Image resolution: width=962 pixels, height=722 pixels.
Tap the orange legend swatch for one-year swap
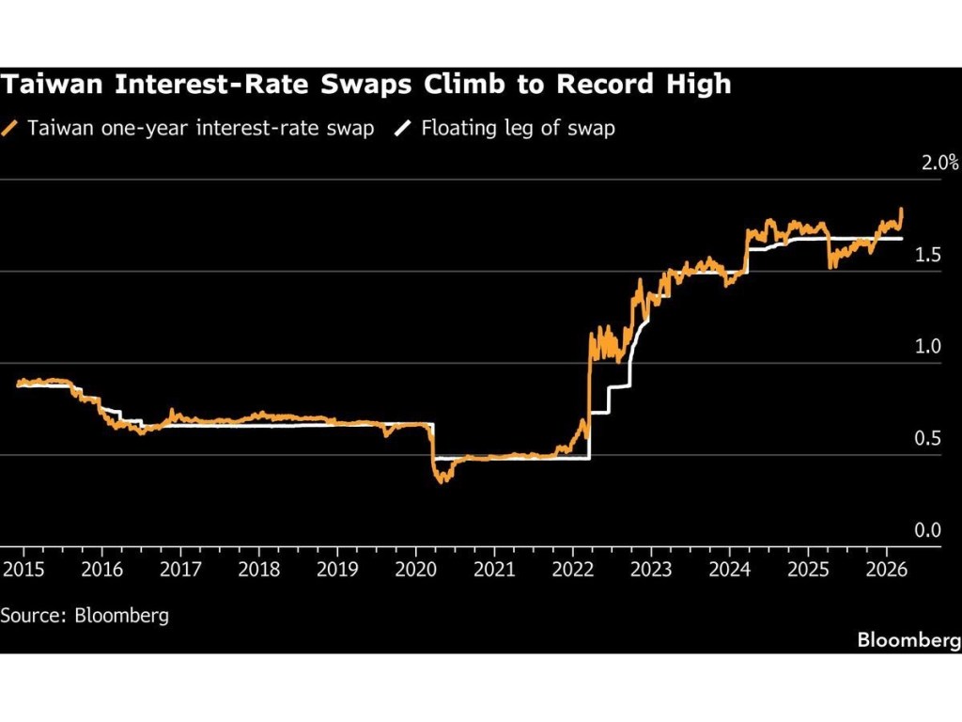pyautogui.click(x=11, y=128)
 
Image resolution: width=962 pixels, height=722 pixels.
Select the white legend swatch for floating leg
pyautogui.click(x=404, y=128)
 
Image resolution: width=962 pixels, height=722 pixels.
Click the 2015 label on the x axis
pyautogui.click(x=23, y=569)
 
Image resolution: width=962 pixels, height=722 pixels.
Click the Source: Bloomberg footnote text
pyautogui.click(x=85, y=616)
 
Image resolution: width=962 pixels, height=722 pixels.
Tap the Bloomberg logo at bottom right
pyautogui.click(x=908, y=640)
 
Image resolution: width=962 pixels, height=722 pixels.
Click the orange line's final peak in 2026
pyautogui.click(x=902, y=210)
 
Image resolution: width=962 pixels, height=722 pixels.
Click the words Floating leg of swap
pyautogui.click(x=518, y=128)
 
